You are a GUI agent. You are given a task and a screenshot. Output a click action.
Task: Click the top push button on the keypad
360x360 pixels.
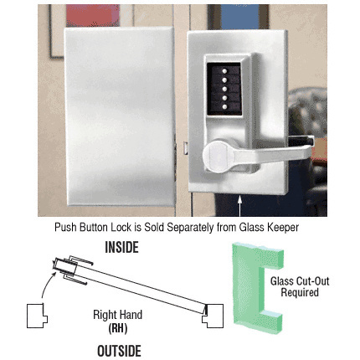point(224,71)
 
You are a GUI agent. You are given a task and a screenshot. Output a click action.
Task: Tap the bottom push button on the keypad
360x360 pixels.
point(224,106)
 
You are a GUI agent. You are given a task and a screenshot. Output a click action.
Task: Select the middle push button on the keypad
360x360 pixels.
point(224,89)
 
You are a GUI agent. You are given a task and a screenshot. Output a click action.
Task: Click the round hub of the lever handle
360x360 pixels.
point(217,155)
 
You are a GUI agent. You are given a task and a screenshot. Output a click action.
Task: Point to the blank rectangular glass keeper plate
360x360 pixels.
point(120,116)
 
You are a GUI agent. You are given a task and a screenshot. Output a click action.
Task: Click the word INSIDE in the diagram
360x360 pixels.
point(121,248)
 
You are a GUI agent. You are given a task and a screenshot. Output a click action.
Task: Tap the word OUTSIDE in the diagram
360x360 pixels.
point(119,351)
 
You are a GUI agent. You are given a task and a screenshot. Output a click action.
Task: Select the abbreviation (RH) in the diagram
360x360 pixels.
point(118,328)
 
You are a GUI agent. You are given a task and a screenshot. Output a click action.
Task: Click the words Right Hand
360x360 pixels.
point(118,315)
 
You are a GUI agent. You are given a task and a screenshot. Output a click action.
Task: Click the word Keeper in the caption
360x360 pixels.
point(283,228)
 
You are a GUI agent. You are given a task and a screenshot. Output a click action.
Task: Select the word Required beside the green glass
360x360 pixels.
point(300,292)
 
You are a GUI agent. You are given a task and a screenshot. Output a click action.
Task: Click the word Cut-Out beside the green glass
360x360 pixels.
point(311,281)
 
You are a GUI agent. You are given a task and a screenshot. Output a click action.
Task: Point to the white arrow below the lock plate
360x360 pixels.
point(239,206)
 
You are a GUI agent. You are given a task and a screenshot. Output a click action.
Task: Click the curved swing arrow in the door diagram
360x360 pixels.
point(47,283)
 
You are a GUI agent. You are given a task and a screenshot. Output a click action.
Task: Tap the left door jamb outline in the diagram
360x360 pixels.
point(37,316)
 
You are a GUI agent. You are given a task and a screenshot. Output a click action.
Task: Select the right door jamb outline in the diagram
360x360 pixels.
point(213,316)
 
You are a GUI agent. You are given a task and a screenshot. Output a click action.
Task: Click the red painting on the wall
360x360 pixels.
point(93,16)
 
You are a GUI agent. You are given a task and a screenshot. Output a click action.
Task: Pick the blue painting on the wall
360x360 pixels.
point(239,17)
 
